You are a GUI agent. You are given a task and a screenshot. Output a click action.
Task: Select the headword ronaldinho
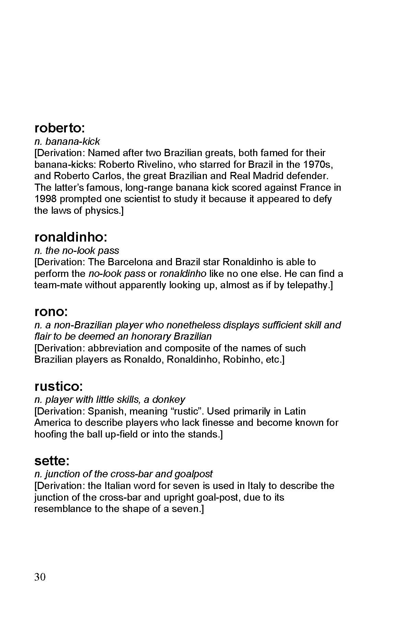click(71, 237)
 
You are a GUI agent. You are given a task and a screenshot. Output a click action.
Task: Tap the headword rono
click(51, 312)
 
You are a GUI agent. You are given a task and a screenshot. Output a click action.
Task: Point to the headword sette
click(52, 460)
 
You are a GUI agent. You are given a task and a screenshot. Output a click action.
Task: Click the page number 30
click(40, 577)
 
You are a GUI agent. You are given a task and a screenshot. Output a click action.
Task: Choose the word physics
click(102, 211)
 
